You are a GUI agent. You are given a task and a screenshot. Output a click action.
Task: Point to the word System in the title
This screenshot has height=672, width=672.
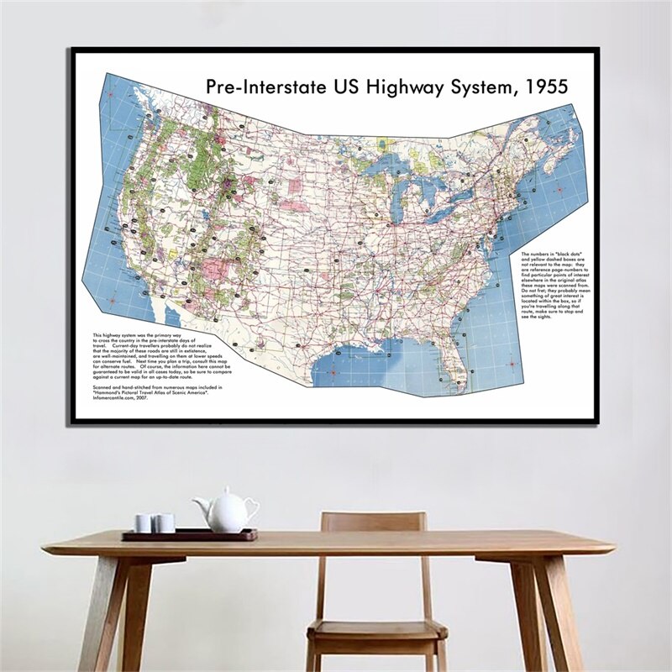(472, 87)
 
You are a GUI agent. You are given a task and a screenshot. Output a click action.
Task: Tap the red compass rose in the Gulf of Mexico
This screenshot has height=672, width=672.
(334, 372)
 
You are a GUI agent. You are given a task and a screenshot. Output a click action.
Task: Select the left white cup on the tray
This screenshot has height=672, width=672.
(144, 523)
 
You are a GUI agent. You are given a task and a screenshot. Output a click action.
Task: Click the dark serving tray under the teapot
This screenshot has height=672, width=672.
(189, 534)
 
